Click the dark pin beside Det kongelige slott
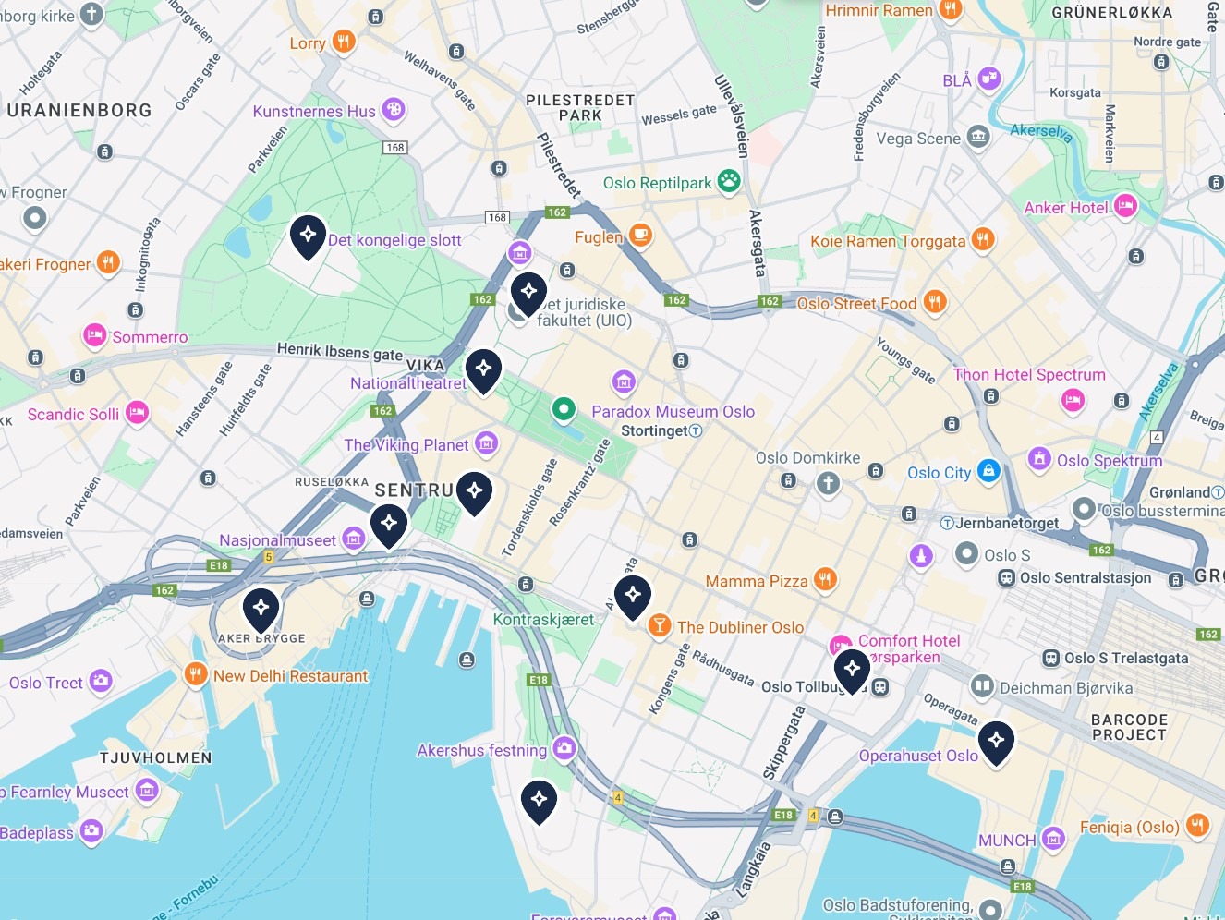tap(308, 236)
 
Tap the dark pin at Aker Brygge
tap(261, 609)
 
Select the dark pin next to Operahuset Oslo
tap(996, 741)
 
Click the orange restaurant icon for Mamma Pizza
tap(825, 580)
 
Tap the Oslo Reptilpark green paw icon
tap(729, 181)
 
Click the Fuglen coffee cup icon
tap(640, 236)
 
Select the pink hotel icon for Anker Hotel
tap(1125, 206)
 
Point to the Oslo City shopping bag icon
tap(988, 471)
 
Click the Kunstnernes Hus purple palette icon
tap(394, 110)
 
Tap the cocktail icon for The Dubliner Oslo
tap(659, 625)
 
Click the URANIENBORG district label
tap(79, 111)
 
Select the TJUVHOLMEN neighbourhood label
tap(156, 757)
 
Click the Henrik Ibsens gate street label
tap(340, 352)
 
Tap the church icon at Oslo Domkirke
tap(828, 482)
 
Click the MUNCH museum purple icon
tap(1053, 839)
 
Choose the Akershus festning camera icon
tap(564, 748)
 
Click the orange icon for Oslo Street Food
tap(935, 302)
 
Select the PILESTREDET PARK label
tap(580, 107)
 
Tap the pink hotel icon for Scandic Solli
tap(138, 412)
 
